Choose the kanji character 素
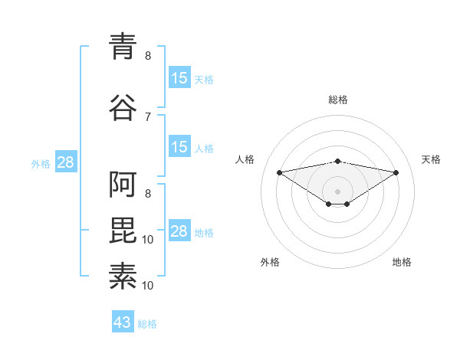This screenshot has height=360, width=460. point(123,274)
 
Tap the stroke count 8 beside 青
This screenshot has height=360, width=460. point(148,55)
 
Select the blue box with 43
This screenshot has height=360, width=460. point(123,322)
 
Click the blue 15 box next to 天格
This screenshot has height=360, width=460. point(179,78)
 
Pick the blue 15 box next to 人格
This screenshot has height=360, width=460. point(179,147)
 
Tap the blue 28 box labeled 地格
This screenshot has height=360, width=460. point(179,231)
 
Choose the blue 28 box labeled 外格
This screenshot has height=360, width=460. point(65,162)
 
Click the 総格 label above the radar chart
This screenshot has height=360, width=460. point(338,100)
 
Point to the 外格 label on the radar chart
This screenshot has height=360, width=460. point(270,262)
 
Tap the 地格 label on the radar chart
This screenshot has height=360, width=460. point(402,262)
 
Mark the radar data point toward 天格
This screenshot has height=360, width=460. point(396,172)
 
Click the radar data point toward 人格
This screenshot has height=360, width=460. point(279,172)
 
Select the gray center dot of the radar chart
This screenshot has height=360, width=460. point(337,191)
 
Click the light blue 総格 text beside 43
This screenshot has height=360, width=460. point(147,324)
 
